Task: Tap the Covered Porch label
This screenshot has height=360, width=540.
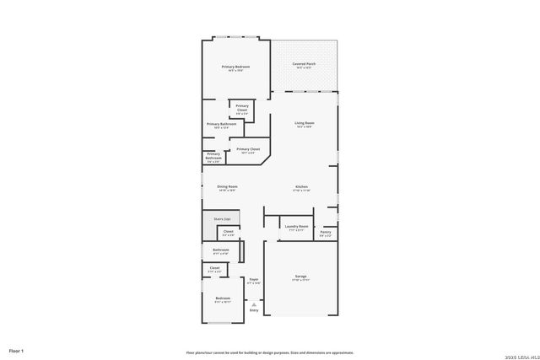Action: (304, 64)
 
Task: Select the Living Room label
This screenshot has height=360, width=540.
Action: (304, 123)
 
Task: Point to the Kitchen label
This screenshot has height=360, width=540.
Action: (301, 186)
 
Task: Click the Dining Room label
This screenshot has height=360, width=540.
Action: (227, 186)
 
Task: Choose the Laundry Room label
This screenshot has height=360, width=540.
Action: (295, 226)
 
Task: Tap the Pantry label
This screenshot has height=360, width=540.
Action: (326, 232)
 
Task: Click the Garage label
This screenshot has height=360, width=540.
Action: (301, 277)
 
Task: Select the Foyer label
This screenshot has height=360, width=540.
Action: (253, 278)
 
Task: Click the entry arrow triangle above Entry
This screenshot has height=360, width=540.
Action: (254, 304)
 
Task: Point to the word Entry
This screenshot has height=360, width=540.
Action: (254, 309)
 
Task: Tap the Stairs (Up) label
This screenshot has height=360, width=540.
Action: (221, 218)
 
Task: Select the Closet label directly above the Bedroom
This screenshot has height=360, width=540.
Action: (214, 268)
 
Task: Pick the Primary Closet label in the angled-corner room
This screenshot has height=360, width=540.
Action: (249, 148)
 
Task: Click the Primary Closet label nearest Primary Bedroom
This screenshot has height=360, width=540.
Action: (241, 107)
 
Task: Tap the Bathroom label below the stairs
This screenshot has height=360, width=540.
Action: (221, 250)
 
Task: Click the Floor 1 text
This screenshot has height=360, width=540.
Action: (16, 350)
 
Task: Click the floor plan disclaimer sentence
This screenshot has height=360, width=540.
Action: (270, 352)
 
